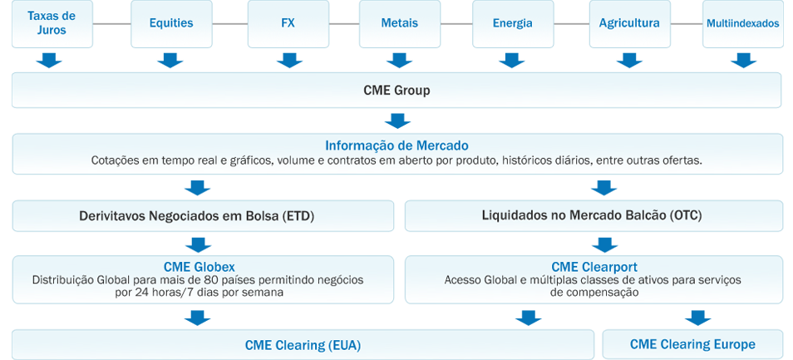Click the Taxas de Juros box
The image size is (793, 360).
click(52, 23)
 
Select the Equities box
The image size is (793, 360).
click(171, 23)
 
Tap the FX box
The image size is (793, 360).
click(288, 23)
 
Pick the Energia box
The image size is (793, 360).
click(512, 23)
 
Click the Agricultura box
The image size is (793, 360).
click(629, 23)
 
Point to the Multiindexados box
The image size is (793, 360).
click(742, 23)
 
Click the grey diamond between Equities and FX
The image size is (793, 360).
click(229, 24)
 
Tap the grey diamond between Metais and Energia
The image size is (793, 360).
click(456, 24)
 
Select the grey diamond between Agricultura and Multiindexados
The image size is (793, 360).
click(686, 24)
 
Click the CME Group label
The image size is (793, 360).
click(396, 90)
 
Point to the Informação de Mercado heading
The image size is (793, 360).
click(396, 145)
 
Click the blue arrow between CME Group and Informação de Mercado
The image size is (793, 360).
click(396, 121)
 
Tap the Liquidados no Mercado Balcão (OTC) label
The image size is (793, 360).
click(592, 215)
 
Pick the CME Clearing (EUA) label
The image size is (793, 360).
click(303, 344)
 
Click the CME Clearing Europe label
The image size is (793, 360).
click(692, 344)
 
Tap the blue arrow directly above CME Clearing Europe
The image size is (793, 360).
click(698, 317)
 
